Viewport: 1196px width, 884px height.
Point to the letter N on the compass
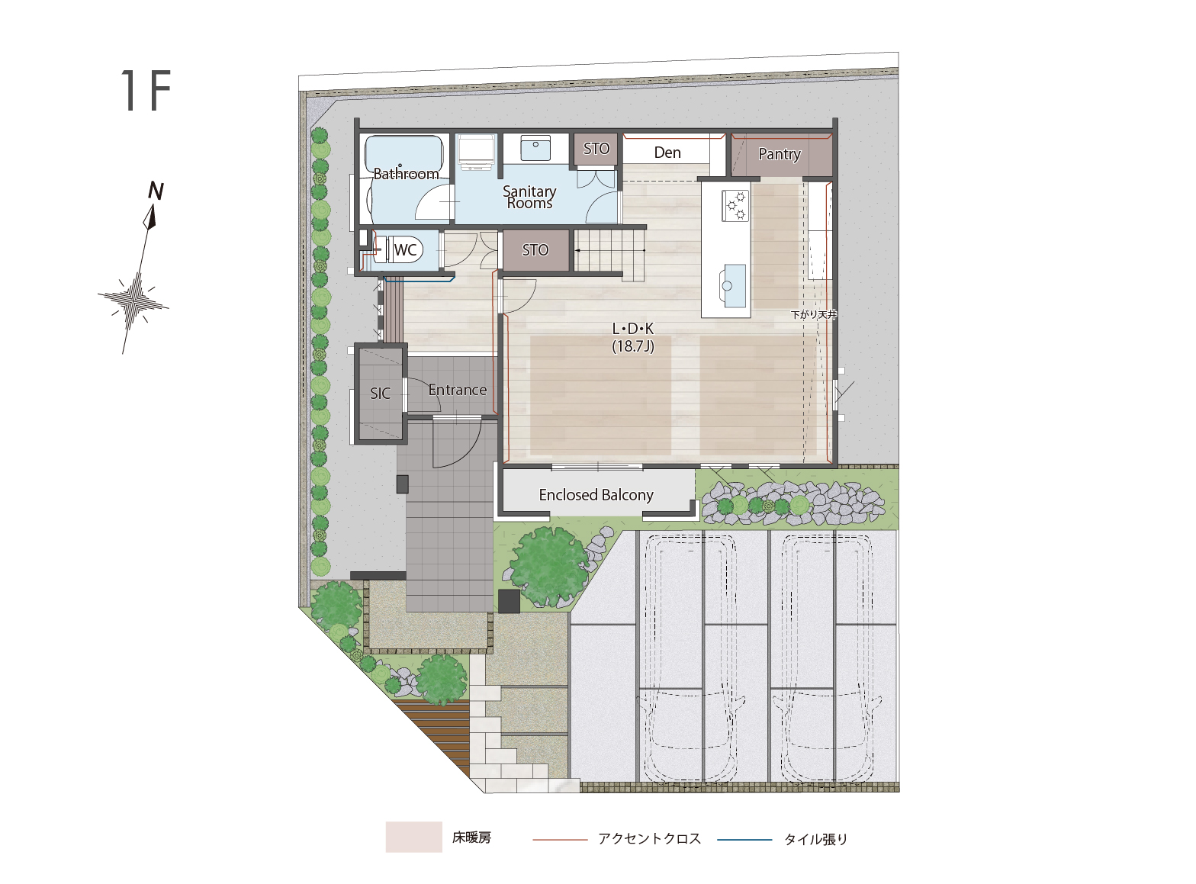coord(156,191)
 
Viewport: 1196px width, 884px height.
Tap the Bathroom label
coord(406,174)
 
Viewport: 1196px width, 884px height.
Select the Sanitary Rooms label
coord(529,197)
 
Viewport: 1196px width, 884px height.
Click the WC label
coord(405,249)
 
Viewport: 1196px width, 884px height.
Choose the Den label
coord(667,153)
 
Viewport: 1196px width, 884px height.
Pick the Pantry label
coord(780,154)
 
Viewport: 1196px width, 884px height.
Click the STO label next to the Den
coord(596,149)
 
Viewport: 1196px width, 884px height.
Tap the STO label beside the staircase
coord(535,250)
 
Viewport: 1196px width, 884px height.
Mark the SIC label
coord(380,394)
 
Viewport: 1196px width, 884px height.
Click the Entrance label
coord(457,390)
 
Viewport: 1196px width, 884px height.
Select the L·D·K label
coord(633,329)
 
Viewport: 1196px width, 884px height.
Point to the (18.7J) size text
coord(633,346)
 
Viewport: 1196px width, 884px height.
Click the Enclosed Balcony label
coord(596,495)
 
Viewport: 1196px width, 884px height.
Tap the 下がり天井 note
coord(814,314)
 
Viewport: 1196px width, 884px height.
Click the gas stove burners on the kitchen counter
coord(735,205)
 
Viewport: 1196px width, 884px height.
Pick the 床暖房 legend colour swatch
coord(413,837)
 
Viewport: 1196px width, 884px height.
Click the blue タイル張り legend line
coord(744,840)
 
